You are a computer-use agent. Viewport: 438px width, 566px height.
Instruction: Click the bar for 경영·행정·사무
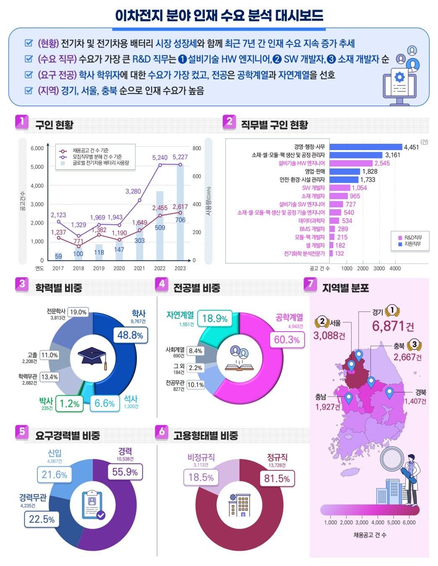click(365, 147)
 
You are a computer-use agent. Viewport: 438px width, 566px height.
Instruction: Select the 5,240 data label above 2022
click(160, 158)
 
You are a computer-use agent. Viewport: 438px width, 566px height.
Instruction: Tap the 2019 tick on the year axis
click(99, 268)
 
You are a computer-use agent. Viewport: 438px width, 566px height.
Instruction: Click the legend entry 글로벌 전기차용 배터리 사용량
click(100, 163)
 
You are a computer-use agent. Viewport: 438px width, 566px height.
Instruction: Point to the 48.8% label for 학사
click(130, 335)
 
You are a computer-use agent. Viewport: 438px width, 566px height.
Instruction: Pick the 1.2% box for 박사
click(69, 404)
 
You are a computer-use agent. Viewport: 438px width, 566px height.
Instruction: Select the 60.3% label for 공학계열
click(287, 340)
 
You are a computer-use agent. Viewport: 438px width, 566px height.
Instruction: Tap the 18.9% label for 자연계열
click(215, 319)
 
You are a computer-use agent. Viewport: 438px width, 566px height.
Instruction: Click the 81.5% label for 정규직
click(277, 479)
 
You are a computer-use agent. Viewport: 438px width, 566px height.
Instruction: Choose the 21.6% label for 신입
click(55, 475)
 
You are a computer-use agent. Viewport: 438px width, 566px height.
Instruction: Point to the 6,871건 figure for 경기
click(393, 326)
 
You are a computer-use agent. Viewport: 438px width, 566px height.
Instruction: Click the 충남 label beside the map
click(321, 397)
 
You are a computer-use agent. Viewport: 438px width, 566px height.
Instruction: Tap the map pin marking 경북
click(389, 393)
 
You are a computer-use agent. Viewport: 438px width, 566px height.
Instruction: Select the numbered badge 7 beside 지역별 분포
click(310, 284)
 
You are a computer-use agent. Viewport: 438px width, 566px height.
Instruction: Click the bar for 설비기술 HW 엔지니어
click(351, 163)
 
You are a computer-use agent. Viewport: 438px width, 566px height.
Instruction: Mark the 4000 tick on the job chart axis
click(395, 268)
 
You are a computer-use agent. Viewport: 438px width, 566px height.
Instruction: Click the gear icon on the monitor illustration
click(400, 77)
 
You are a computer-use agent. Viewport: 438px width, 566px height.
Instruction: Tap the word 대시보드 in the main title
click(299, 16)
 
